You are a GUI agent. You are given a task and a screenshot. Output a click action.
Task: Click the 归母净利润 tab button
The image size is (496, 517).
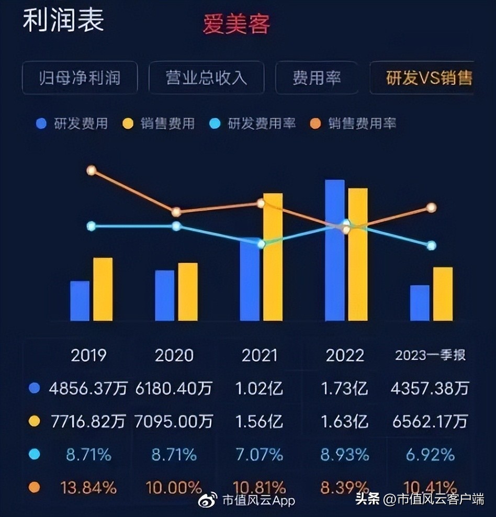click(80, 78)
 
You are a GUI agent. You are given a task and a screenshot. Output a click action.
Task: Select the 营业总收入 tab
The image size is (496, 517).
click(206, 78)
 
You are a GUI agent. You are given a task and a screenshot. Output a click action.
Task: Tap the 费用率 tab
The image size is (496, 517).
click(317, 78)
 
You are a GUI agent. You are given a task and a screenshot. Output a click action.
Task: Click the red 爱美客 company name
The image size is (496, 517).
click(236, 24)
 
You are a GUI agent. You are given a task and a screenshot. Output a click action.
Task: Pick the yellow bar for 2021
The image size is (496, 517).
click(273, 257)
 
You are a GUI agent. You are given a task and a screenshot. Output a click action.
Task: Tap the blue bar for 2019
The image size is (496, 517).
click(80, 301)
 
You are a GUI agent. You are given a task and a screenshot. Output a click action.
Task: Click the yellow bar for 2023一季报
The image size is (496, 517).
click(443, 294)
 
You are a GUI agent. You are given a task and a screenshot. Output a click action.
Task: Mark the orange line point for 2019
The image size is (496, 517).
click(92, 170)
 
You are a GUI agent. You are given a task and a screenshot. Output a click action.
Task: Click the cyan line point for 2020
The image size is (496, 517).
click(176, 226)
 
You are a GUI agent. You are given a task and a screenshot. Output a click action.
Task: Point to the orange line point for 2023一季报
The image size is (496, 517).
click(431, 208)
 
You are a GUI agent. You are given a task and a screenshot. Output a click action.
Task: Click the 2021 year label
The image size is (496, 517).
click(260, 356)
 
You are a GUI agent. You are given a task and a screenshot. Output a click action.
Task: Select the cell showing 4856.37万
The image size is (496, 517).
click(88, 388)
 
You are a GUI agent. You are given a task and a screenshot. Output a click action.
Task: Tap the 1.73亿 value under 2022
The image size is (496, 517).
click(345, 388)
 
